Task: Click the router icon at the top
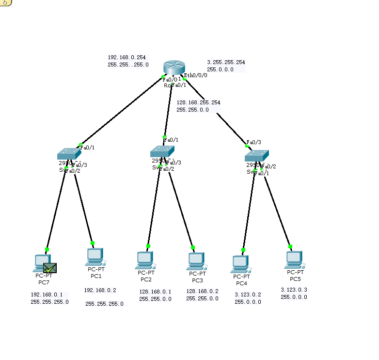click(172, 68)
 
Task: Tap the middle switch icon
click(162, 151)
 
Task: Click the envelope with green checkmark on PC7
click(50, 267)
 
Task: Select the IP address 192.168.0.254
click(126, 57)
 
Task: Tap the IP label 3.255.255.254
click(226, 63)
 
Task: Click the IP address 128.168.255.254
click(198, 103)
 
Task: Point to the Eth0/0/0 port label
click(196, 75)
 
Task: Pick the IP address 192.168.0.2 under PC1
click(100, 290)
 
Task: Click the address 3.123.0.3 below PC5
click(294, 290)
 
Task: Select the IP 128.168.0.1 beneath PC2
click(155, 292)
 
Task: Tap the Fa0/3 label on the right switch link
click(254, 142)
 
